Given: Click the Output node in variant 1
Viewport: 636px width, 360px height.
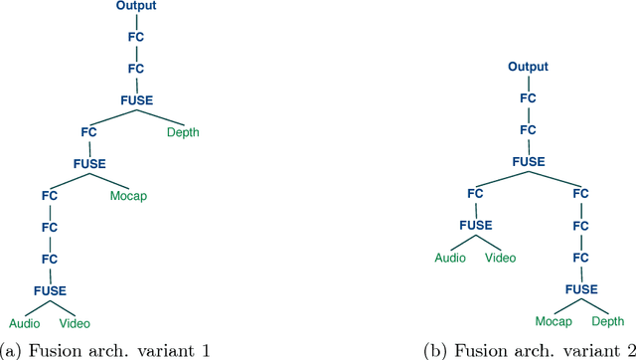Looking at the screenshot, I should coord(135,7).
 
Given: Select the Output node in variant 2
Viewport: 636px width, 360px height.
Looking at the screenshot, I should coord(529,68).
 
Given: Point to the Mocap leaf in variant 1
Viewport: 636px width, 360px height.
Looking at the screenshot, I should coord(128,196).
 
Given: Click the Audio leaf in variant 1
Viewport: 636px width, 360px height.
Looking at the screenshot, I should coord(25,323).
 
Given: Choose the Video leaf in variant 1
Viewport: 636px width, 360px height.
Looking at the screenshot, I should coord(75,323).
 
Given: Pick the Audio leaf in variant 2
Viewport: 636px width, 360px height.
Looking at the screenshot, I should coord(450,259).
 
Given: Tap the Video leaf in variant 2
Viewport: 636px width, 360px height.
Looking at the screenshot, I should coord(500,259).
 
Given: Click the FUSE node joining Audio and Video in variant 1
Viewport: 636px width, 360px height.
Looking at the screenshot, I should coord(50,290).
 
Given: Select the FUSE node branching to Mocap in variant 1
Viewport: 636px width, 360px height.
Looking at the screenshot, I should coord(91,163).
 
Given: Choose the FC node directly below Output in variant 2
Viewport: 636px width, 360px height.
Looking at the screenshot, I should coord(529,98).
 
